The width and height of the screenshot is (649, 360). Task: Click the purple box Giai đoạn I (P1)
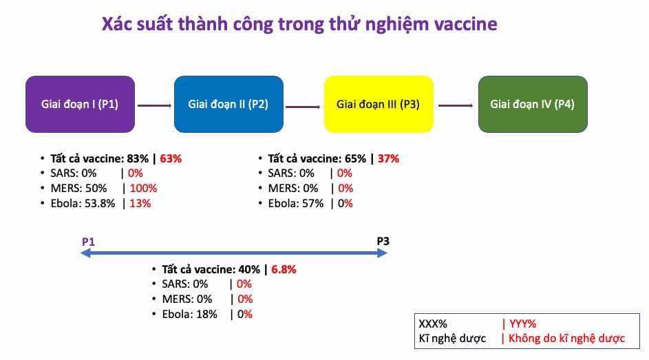pos(81,104)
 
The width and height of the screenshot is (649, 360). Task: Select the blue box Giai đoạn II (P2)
pos(229,104)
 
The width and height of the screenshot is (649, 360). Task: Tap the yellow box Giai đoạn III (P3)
pos(379,104)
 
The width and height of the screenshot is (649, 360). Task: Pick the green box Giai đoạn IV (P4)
pos(533,104)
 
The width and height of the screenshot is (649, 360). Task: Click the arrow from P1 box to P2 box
pos(154,105)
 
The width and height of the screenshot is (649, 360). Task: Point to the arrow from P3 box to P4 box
pos(456,105)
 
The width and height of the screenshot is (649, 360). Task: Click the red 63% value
pos(171,158)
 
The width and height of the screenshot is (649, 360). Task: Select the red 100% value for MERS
pos(144,189)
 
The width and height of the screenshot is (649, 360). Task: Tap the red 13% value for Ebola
pos(140,204)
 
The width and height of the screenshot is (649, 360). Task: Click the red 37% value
pos(388,158)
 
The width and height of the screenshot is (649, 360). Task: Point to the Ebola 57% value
pos(312,204)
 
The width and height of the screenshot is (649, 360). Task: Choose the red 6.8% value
pos(284,269)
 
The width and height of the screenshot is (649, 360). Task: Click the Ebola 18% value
pos(206,315)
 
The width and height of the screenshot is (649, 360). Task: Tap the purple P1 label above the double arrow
pos(88,242)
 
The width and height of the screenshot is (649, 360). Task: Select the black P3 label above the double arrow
pos(383,241)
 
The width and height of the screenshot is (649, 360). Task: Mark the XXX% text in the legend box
pos(433,324)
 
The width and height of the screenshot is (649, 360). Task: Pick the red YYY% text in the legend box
pos(523,324)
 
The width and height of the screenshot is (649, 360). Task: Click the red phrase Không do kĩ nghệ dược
pos(566,339)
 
